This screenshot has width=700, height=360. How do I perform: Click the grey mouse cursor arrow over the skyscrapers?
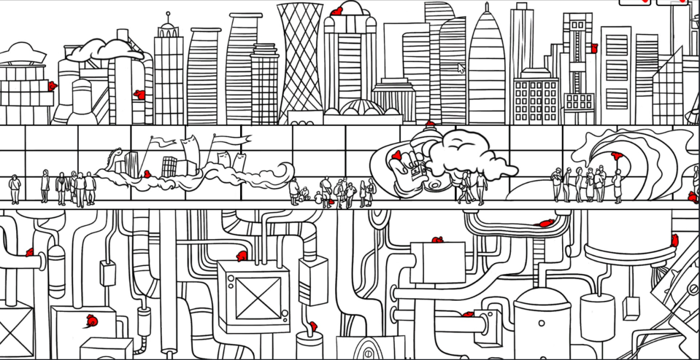tap(461, 68)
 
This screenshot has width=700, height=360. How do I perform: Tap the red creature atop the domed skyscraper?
tap(337, 11)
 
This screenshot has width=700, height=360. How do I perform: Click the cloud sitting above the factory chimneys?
tap(104, 50)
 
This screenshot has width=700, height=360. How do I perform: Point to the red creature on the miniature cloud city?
tap(147, 174)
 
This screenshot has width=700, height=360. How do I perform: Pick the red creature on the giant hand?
tap(397, 155)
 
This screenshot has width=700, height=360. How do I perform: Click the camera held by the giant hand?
tap(418, 170)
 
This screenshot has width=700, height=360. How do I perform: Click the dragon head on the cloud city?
tap(115, 153)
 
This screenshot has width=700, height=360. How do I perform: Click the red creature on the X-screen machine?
tap(242, 256)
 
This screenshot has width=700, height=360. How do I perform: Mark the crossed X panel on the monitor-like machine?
tap(258, 298)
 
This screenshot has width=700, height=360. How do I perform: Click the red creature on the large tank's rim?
tap(675, 240)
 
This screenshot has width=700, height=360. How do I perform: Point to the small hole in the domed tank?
tap(541, 323)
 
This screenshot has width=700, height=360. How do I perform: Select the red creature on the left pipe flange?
tap(30, 252)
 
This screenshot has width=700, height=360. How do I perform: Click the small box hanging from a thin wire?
tap(631, 307)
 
